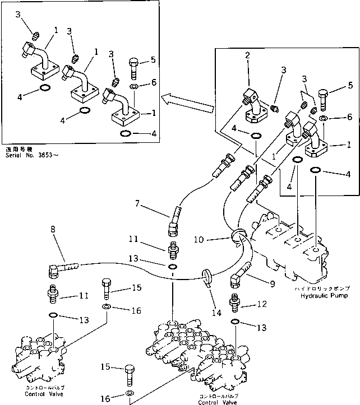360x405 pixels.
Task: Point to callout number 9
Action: (x=273, y=285)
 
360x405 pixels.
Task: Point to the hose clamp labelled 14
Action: (x=206, y=276)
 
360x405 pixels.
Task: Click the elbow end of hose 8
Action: (x=54, y=271)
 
